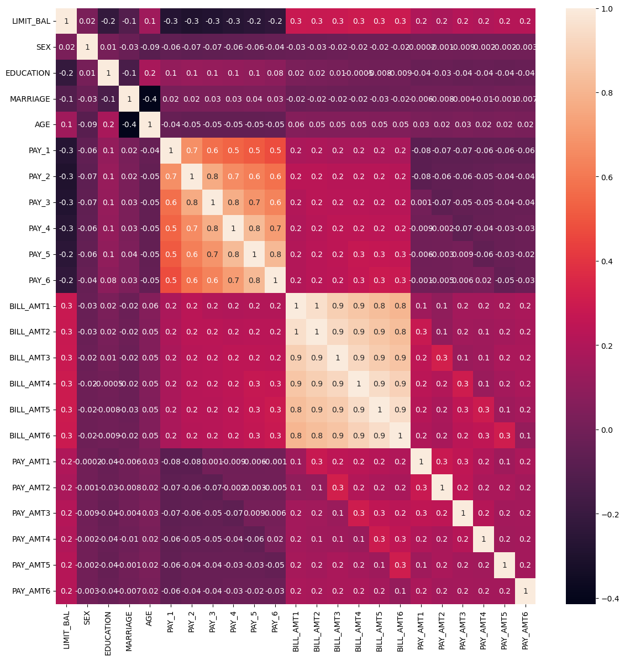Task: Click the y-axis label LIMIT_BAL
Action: click(31, 21)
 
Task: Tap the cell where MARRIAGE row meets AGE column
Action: click(150, 99)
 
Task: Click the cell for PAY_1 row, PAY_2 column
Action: click(191, 150)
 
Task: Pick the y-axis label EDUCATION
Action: click(28, 73)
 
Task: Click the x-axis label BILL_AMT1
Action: click(296, 630)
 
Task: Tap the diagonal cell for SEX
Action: click(87, 47)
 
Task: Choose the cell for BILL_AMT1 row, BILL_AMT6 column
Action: click(400, 306)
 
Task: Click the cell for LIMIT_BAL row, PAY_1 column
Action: click(171, 21)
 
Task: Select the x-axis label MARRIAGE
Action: click(129, 630)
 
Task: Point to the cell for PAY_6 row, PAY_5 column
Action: click(254, 280)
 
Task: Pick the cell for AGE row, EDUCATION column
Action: click(108, 124)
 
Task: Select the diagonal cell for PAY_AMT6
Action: click(525, 590)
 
